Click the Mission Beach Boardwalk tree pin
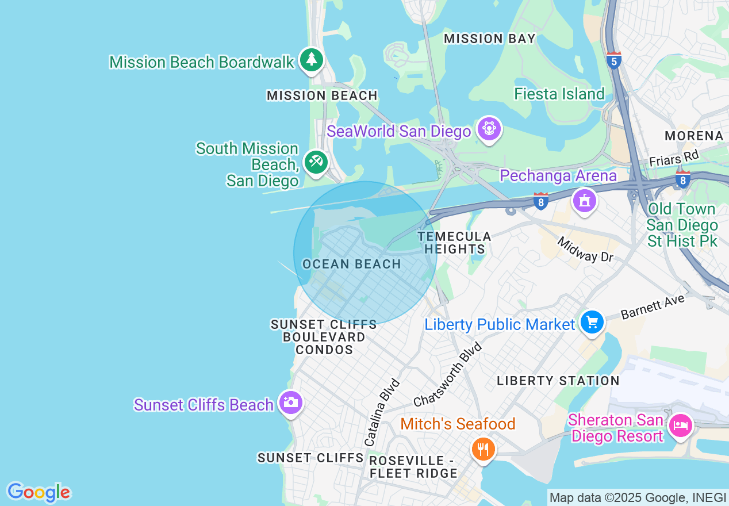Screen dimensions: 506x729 (311, 59)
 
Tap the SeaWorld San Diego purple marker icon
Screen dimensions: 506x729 (489, 129)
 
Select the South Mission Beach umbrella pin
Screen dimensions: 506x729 (316, 162)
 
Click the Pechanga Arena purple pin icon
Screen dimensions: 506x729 (584, 201)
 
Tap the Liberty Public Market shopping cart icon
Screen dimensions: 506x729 (592, 322)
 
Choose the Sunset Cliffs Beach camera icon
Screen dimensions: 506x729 (290, 402)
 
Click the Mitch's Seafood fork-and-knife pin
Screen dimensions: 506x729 (483, 449)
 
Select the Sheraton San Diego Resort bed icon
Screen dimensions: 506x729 (681, 426)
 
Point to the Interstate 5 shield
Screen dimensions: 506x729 (614, 60)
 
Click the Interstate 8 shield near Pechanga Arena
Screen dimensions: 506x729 (540, 201)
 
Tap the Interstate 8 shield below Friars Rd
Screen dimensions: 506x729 (683, 179)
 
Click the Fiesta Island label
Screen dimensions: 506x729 (559, 94)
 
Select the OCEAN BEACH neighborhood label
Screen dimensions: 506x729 (351, 264)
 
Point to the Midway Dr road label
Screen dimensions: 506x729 (585, 249)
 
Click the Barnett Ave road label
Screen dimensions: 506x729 (653, 307)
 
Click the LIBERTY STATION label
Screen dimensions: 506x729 (558, 381)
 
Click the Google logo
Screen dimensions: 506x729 (39, 492)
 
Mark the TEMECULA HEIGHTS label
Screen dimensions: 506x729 (454, 243)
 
